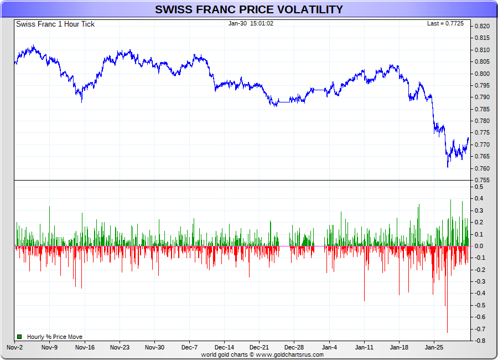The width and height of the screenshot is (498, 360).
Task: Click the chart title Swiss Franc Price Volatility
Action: (248, 9)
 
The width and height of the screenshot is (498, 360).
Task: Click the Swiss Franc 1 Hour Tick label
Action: (55, 24)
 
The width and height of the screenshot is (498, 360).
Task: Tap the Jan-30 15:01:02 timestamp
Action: (251, 23)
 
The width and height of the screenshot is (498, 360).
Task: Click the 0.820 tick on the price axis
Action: (482, 26)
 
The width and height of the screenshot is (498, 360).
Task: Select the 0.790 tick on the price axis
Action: (482, 97)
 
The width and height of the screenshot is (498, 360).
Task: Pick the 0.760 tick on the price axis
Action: (482, 168)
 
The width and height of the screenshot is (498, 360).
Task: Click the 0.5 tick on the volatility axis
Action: (479, 187)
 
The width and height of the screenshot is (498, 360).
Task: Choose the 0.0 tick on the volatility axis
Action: (479, 246)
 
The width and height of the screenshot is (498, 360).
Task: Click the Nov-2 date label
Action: (15, 347)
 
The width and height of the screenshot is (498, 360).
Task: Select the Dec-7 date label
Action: (189, 347)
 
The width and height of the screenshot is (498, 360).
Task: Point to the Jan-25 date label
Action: (434, 347)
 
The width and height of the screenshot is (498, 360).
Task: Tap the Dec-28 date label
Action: (294, 347)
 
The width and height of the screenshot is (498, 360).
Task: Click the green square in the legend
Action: (19, 337)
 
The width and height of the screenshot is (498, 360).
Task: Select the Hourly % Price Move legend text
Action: (55, 337)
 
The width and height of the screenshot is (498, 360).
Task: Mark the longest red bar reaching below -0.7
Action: (447, 310)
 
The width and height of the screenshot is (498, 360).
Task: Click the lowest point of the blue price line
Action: (448, 167)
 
